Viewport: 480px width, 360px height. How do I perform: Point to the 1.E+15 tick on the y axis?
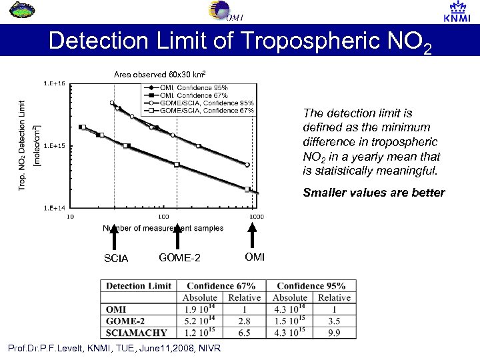pyautogui.click(x=54, y=145)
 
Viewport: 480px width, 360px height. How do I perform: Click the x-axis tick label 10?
pyautogui.click(x=69, y=216)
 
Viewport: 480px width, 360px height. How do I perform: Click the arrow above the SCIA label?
pyautogui.click(x=115, y=238)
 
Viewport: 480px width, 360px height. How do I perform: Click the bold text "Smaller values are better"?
pyautogui.click(x=373, y=193)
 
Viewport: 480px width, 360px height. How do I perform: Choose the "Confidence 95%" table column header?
pyautogui.click(x=312, y=285)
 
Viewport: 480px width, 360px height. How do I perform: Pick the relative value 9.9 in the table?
pyautogui.click(x=334, y=331)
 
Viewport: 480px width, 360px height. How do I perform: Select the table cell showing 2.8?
pyautogui.click(x=244, y=320)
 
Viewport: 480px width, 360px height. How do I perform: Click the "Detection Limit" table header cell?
pyautogui.click(x=139, y=285)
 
